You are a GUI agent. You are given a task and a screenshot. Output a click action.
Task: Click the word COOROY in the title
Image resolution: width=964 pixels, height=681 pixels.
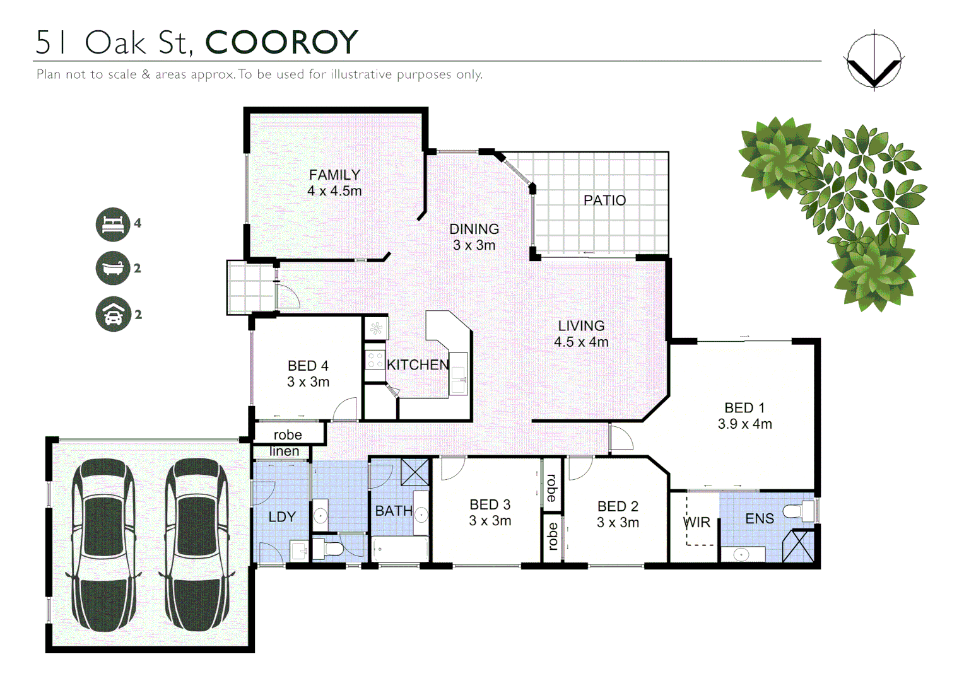point(281,43)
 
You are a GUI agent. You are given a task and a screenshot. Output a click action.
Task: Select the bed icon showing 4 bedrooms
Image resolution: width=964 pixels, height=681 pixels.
point(113,224)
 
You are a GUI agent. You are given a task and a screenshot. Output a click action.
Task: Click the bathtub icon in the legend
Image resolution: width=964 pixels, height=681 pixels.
point(113,269)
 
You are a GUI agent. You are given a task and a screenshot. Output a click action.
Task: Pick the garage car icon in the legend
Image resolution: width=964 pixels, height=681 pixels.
point(113,314)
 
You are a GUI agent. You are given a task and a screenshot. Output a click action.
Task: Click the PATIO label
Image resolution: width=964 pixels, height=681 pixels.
point(604,201)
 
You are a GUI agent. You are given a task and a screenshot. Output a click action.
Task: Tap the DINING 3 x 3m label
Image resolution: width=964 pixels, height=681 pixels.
point(474,237)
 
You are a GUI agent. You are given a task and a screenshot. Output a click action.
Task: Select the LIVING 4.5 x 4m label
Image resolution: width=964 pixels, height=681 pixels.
point(581,334)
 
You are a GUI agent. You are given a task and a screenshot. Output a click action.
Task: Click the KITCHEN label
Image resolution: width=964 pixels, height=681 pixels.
point(418,365)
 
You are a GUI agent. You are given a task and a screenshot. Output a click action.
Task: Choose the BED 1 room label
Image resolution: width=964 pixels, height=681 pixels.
point(744,416)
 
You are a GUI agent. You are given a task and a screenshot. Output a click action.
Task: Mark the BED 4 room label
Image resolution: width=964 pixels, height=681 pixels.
point(308,374)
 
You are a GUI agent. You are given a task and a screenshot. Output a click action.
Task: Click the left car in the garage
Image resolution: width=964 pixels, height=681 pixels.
point(103,545)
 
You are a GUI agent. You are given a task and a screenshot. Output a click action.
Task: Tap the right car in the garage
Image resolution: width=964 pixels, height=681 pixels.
point(196,545)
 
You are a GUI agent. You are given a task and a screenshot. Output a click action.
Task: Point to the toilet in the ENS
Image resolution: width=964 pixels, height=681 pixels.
point(799,511)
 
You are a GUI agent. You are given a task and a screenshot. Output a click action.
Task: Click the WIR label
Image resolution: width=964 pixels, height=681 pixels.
point(697,523)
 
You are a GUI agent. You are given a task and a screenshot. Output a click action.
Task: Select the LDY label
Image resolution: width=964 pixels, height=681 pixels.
point(281,517)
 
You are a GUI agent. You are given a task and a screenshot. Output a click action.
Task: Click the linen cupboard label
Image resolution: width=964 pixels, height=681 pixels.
point(284,451)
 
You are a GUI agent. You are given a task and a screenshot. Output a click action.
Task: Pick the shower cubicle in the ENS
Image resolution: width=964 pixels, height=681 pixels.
point(798,546)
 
